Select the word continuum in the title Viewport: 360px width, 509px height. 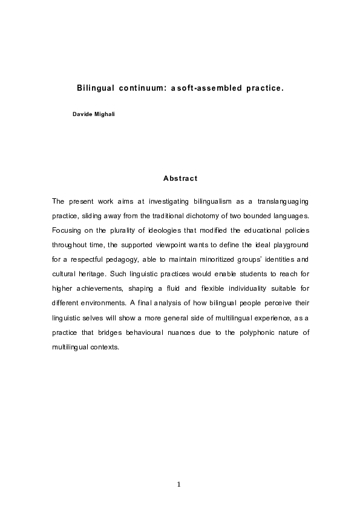142,88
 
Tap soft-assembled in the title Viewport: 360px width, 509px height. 208,88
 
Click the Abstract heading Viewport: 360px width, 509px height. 180,178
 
